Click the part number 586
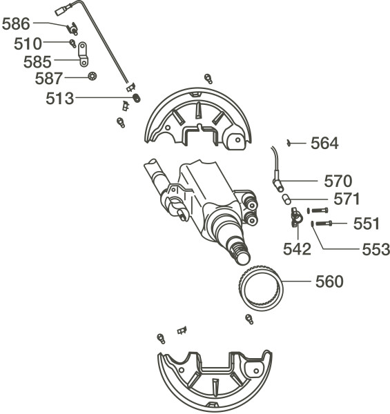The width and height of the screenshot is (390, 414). point(16,24)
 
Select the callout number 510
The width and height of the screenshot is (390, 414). point(28,44)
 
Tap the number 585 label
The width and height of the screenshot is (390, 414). point(37,62)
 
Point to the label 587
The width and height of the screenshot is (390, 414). point(49,79)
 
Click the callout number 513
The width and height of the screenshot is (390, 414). point(59,99)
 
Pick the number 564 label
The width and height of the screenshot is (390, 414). point(324,144)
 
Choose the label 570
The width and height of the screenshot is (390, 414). point(338,181)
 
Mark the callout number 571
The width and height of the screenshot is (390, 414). point(347,199)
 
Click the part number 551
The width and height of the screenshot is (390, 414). point(367,224)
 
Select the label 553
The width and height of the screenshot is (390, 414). point(376,249)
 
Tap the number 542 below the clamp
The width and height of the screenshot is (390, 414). point(297,249)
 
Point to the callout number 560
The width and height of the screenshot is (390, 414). point(329,282)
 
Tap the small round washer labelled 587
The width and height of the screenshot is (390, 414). point(92,77)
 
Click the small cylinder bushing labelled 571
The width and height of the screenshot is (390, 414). point(286,199)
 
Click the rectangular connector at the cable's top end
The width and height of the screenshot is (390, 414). point(61,11)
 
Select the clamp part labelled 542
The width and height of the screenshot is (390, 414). point(296,217)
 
